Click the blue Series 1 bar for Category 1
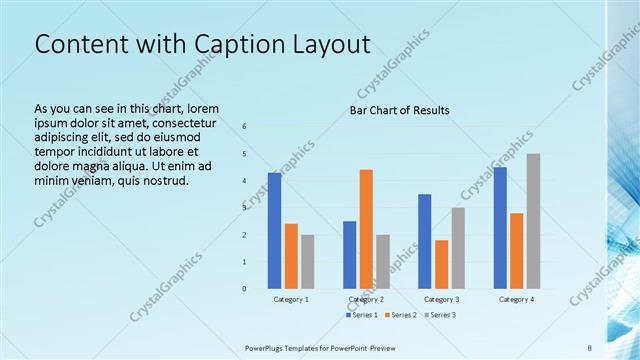[x=274, y=230]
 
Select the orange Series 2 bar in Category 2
[x=366, y=229]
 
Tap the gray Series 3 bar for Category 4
[x=533, y=221]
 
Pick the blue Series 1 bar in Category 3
[x=424, y=241]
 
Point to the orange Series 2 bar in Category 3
[x=441, y=264]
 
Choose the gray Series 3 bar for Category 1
[x=307, y=262]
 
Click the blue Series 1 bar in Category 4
[x=500, y=228]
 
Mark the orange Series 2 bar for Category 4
[x=516, y=251]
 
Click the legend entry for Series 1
[x=361, y=316]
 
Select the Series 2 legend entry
[x=399, y=316]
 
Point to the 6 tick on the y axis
[x=244, y=126]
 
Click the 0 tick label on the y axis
[x=244, y=289]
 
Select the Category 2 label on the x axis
[x=366, y=299]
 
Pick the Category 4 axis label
[x=516, y=299]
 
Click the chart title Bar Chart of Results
[x=398, y=110]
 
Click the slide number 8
[x=590, y=347]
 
